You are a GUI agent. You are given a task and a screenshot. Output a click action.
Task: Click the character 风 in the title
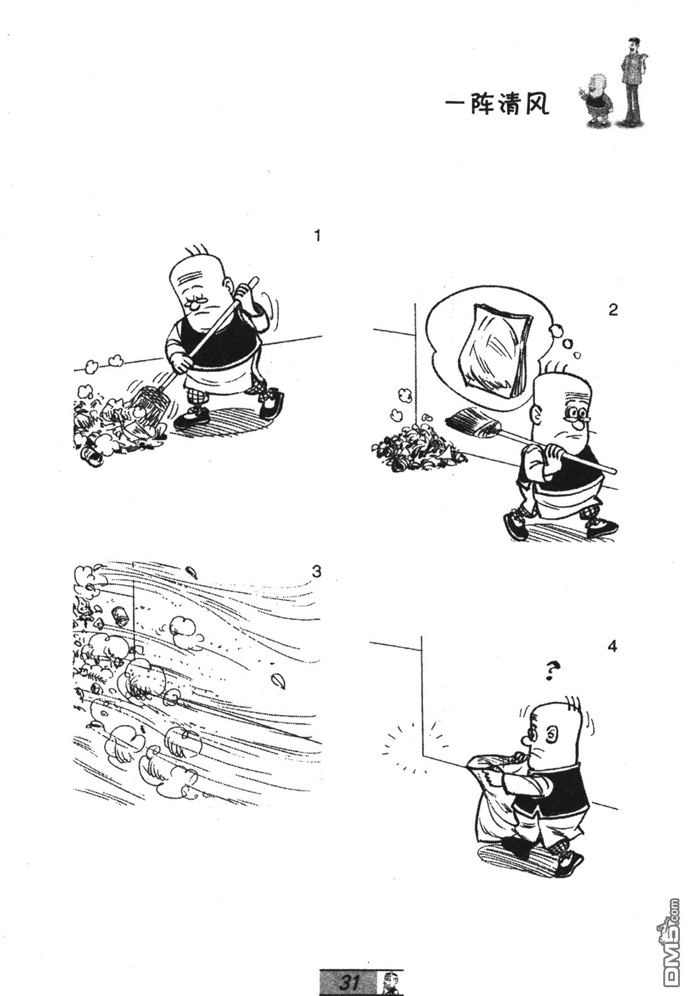537,105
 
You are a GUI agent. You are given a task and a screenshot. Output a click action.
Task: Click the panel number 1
317,236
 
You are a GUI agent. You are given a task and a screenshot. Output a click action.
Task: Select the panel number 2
613,310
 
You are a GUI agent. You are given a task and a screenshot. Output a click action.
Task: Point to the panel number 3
316,571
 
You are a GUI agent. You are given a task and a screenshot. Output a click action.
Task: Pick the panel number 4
612,646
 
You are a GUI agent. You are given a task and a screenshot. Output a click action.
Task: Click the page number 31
349,982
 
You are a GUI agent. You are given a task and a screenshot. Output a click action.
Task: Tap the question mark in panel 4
551,671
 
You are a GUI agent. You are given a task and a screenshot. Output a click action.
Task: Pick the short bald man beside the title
597,100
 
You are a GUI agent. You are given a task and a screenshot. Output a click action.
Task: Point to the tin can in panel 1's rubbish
91,456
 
